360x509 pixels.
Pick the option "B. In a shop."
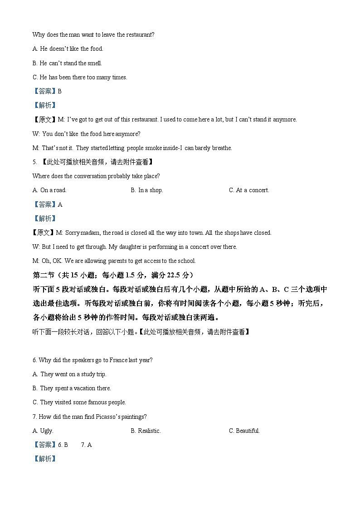(x=146, y=190)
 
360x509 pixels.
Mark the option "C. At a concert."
(x=248, y=190)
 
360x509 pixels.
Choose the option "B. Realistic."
(x=146, y=431)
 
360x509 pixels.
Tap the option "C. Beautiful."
(x=244, y=431)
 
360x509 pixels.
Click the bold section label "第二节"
(x=43, y=275)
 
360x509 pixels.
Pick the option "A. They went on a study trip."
(x=69, y=374)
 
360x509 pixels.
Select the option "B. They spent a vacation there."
(x=72, y=388)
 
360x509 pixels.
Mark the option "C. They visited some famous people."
(x=79, y=402)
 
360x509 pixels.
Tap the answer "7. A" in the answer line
(x=86, y=445)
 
